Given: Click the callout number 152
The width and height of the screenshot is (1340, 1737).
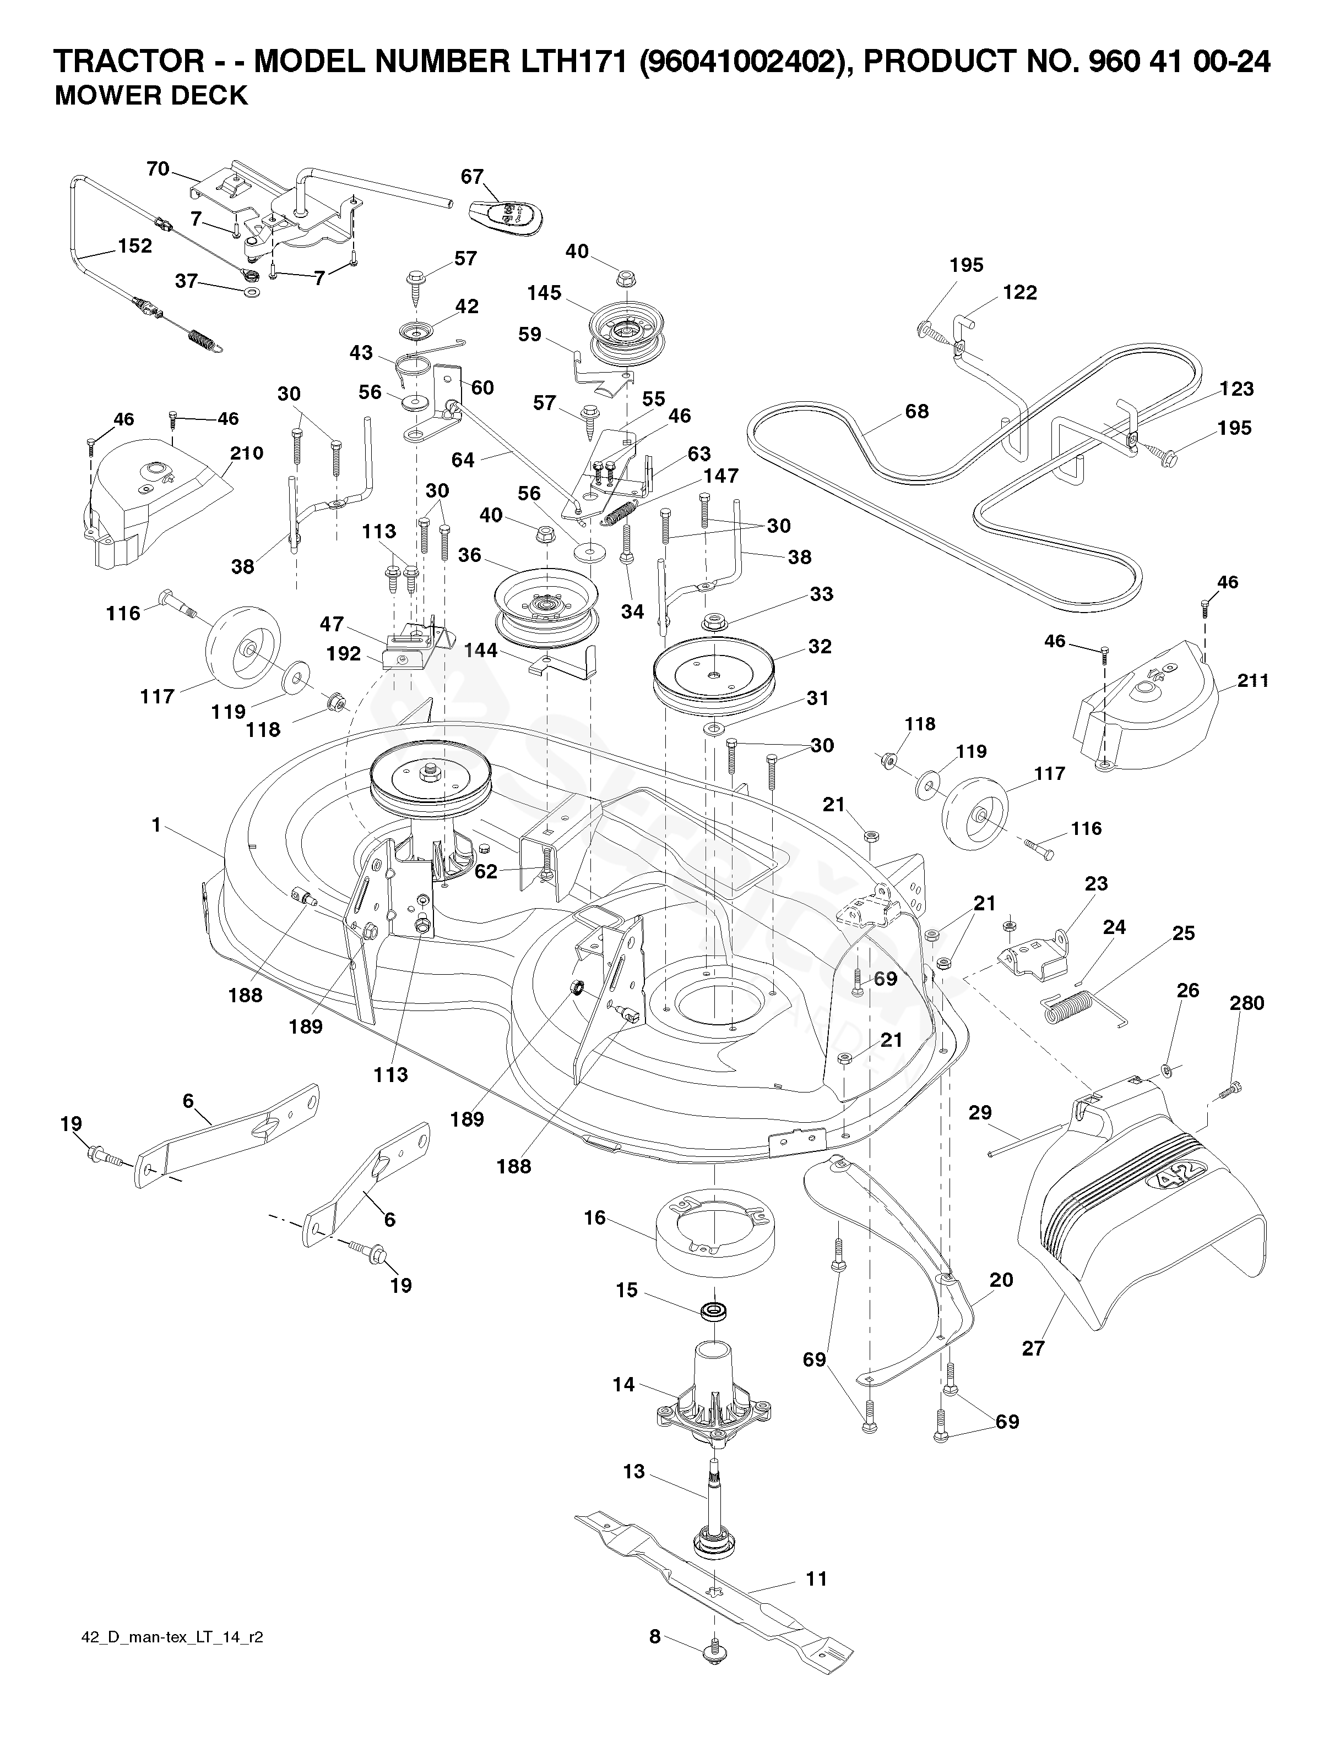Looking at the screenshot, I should point(134,246).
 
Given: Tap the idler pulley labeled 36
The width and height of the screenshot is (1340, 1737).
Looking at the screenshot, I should point(545,608).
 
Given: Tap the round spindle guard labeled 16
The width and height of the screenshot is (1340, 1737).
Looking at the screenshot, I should point(714,1229).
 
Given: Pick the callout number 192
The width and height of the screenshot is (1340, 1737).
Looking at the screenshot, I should point(344,654).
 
